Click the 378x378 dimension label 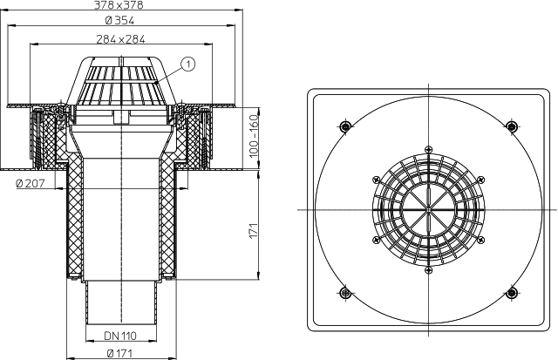(119, 4)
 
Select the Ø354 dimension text (120, 21)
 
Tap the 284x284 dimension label (120, 38)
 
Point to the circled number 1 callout (188, 64)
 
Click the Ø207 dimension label (31, 184)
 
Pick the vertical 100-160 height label (254, 136)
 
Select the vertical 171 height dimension (253, 231)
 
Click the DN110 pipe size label (120, 336)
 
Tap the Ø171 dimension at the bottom (119, 353)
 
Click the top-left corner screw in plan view (345, 126)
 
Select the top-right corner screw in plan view (512, 126)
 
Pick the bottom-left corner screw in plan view (345, 293)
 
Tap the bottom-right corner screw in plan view (512, 293)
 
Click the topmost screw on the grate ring (428, 149)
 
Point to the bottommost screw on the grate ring (428, 270)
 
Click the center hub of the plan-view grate (428, 209)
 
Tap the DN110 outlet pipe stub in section (121, 302)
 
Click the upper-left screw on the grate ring (376, 180)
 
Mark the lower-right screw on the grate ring (480, 240)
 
